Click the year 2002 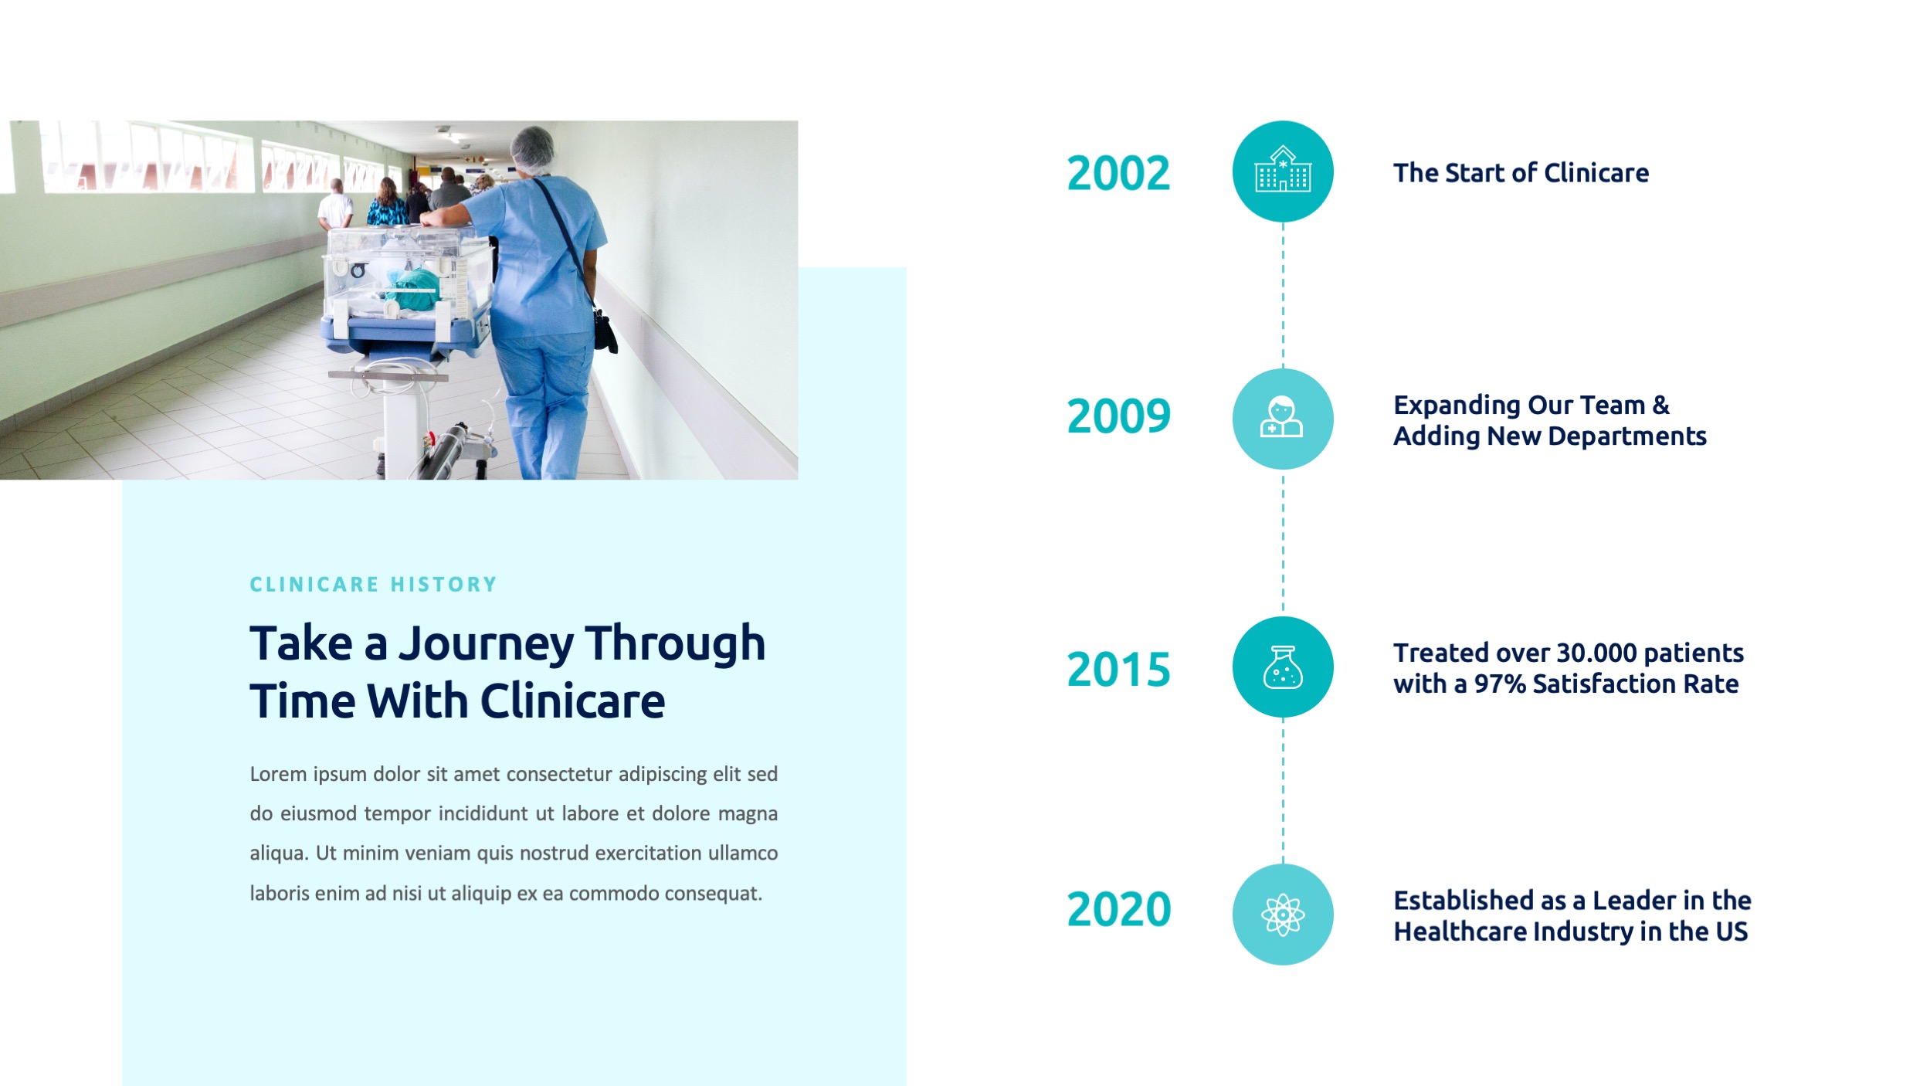(x=1118, y=173)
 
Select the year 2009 (x=1118, y=416)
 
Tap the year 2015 (x=1118, y=669)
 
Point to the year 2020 (x=1118, y=909)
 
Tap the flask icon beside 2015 (x=1283, y=667)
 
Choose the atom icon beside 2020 (x=1283, y=915)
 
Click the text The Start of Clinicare (x=1521, y=173)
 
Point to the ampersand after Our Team (x=1660, y=405)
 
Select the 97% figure (x=1500, y=684)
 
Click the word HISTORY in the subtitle (x=443, y=585)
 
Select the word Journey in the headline (x=487, y=645)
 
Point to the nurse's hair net (x=533, y=148)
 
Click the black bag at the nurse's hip (x=605, y=330)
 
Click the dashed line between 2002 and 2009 (x=1283, y=295)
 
